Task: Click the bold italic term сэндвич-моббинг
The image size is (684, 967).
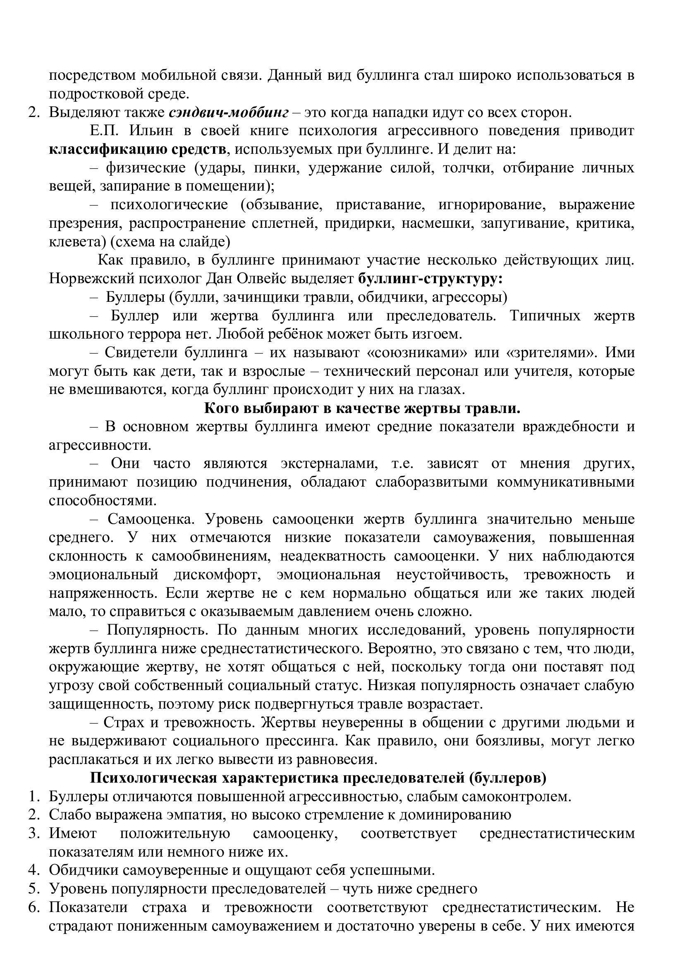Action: tap(229, 112)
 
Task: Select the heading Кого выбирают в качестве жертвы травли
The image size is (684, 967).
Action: tap(362, 408)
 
